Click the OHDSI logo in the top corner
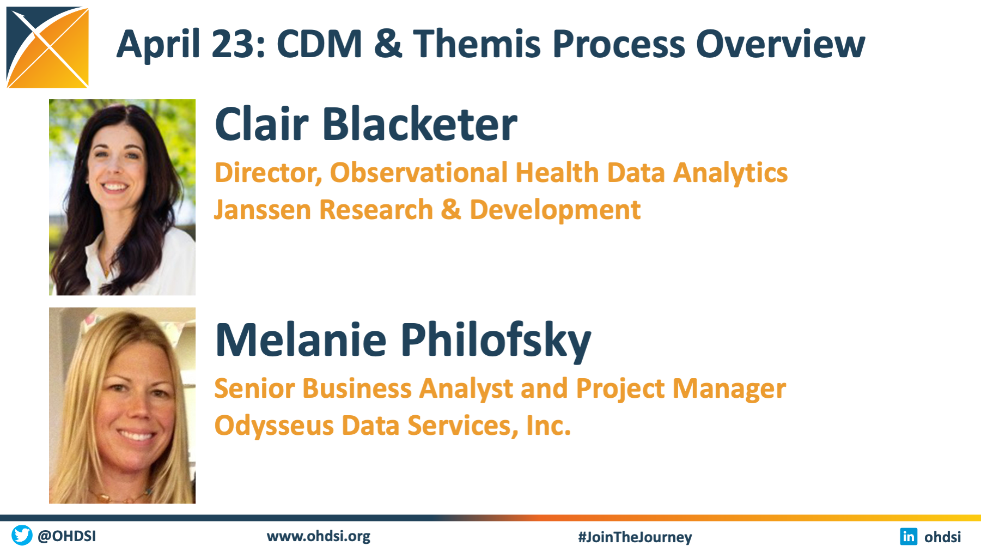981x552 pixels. (x=47, y=47)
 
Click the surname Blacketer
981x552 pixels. (x=420, y=124)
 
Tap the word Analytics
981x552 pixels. (x=730, y=174)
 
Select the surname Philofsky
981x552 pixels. (x=496, y=341)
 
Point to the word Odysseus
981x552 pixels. (x=274, y=426)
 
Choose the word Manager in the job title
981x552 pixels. (x=729, y=389)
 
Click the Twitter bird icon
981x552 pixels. (x=22, y=535)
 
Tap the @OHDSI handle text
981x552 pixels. (x=66, y=536)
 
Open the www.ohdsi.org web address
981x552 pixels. (x=319, y=537)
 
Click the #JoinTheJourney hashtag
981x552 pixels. (x=635, y=537)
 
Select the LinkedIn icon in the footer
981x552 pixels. (x=909, y=536)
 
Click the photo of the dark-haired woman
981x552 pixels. (x=122, y=197)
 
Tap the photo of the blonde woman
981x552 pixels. (x=122, y=405)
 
